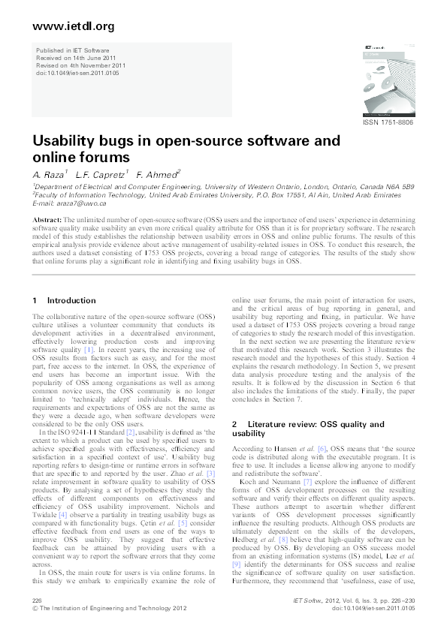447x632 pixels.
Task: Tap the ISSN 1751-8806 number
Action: tap(388, 122)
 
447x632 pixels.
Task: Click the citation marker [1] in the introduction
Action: tap(89, 350)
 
